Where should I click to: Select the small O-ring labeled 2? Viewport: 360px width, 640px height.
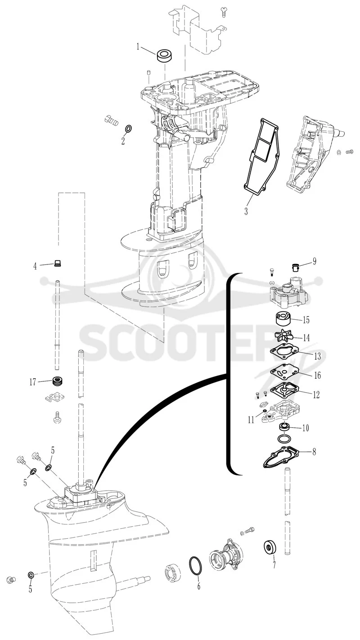pos(129,129)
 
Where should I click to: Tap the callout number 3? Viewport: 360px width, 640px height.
pos(246,212)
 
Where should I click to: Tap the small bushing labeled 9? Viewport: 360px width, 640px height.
pos(295,268)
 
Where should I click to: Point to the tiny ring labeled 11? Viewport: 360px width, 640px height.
pos(265,411)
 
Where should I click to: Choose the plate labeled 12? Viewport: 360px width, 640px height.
pos(284,390)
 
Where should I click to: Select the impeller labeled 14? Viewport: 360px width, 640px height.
pos(284,336)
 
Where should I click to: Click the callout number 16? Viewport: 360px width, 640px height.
pos(317,375)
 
